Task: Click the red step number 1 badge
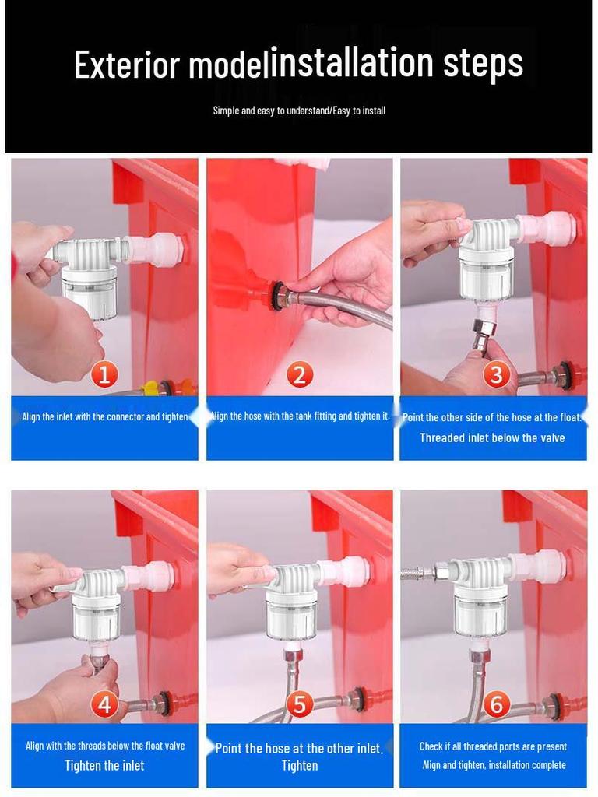104,374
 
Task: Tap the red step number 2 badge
299,374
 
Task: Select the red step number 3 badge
496,374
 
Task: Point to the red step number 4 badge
104,704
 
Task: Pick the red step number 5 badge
299,704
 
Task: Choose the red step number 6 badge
496,704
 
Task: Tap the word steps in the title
484,62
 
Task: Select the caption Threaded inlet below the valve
492,437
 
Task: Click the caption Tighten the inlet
104,765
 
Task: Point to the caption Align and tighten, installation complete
494,765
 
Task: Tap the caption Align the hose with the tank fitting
300,416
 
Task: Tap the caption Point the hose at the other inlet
299,748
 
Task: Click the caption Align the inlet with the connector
104,416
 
